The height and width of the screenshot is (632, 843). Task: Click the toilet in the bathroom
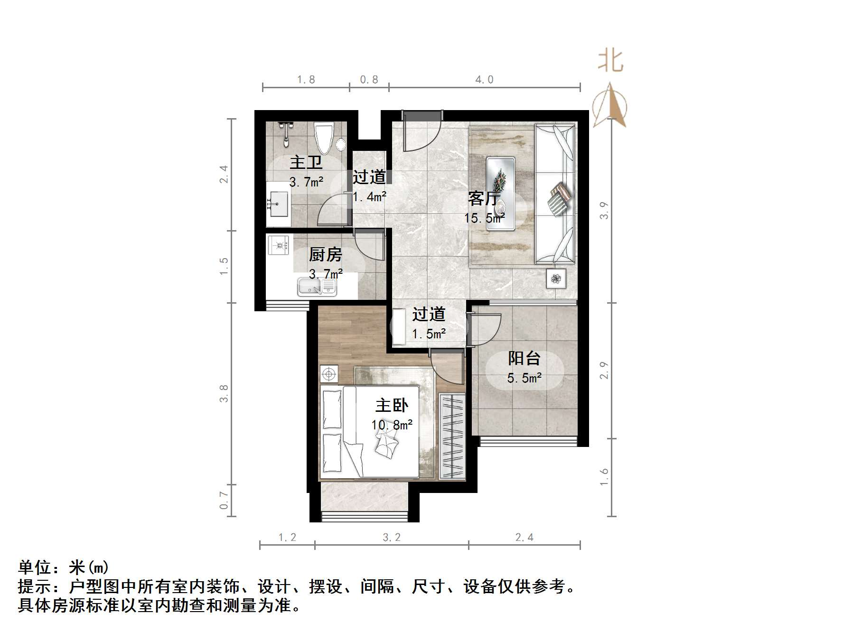click(x=325, y=138)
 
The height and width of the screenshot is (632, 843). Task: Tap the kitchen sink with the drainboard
click(x=317, y=287)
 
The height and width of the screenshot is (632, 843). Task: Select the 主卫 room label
click(x=306, y=162)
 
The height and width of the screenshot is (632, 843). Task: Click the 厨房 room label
click(x=325, y=255)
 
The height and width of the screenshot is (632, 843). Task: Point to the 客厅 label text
click(x=484, y=198)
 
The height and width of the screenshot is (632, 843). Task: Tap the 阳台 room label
click(x=524, y=358)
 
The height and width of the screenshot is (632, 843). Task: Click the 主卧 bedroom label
click(x=392, y=405)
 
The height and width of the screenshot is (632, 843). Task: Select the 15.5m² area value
click(x=484, y=218)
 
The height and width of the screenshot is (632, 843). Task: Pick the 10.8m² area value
click(x=392, y=425)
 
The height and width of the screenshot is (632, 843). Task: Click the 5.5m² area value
click(x=524, y=378)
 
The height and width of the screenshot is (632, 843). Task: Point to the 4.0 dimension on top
click(x=484, y=80)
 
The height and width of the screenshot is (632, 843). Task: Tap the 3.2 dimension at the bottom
click(x=392, y=537)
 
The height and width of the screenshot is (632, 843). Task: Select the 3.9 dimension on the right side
click(x=604, y=210)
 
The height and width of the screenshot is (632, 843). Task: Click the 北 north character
click(x=610, y=62)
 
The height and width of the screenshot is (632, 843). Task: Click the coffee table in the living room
click(x=501, y=194)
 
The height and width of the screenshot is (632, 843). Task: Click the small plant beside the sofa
click(x=556, y=279)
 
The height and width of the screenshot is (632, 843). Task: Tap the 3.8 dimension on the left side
click(x=224, y=393)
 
